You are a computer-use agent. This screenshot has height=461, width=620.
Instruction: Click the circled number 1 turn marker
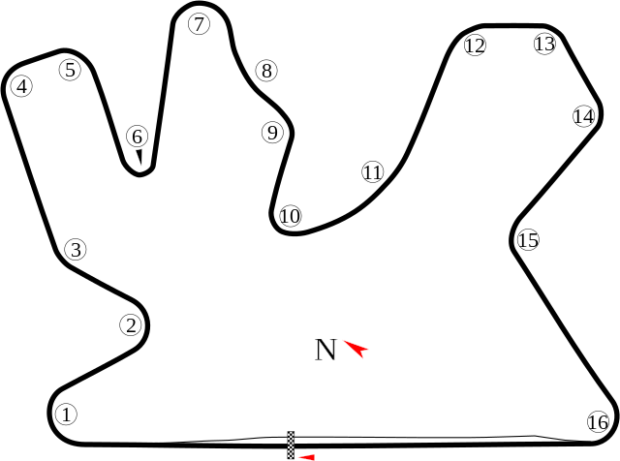[67, 415]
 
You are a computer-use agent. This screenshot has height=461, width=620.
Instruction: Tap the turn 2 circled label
[131, 325]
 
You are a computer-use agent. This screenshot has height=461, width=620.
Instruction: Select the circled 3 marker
[76, 250]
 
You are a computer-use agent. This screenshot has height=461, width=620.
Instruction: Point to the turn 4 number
[22, 86]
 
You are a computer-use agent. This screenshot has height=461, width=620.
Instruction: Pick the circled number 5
[70, 70]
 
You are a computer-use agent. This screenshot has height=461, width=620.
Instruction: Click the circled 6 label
[138, 137]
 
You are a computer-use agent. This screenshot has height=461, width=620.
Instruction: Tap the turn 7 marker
[199, 23]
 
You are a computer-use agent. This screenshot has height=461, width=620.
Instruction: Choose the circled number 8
[266, 71]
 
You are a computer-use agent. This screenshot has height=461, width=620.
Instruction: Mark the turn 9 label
[272, 132]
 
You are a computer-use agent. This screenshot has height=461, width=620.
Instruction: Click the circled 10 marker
[291, 216]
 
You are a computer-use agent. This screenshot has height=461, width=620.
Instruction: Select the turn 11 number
[372, 172]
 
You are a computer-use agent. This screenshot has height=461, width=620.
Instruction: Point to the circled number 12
[475, 46]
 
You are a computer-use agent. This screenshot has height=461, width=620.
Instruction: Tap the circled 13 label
[544, 44]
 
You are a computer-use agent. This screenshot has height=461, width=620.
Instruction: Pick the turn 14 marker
[583, 116]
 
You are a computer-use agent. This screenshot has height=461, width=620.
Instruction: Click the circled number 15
[528, 239]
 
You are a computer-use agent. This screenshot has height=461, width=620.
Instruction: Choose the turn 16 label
[598, 422]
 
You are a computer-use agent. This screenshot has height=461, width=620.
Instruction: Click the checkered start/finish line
[291, 446]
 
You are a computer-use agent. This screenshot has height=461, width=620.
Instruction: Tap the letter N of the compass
[325, 350]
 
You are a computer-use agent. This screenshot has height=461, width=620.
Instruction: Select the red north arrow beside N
[356, 349]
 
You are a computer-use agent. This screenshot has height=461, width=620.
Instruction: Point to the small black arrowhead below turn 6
[139, 157]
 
